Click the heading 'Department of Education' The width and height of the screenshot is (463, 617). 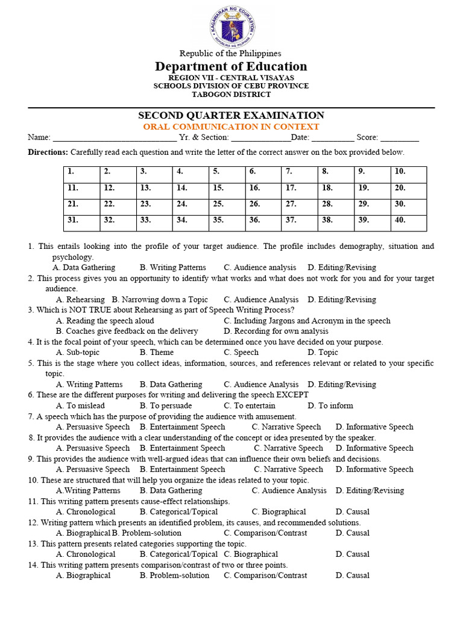click(231, 66)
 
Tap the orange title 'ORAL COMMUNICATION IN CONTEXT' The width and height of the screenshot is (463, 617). click(231, 127)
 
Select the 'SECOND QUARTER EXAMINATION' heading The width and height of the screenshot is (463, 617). click(231, 115)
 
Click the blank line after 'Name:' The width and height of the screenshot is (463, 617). click(115, 138)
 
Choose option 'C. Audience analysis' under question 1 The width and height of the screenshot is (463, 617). click(260, 268)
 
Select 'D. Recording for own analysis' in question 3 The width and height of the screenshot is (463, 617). click(276, 331)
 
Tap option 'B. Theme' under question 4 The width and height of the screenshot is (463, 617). click(157, 352)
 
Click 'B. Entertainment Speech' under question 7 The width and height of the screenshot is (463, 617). click(182, 427)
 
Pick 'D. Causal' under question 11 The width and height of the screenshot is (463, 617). click(353, 512)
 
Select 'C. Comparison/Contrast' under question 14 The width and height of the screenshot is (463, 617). click(265, 575)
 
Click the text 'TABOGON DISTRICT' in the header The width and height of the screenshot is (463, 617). click(231, 94)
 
